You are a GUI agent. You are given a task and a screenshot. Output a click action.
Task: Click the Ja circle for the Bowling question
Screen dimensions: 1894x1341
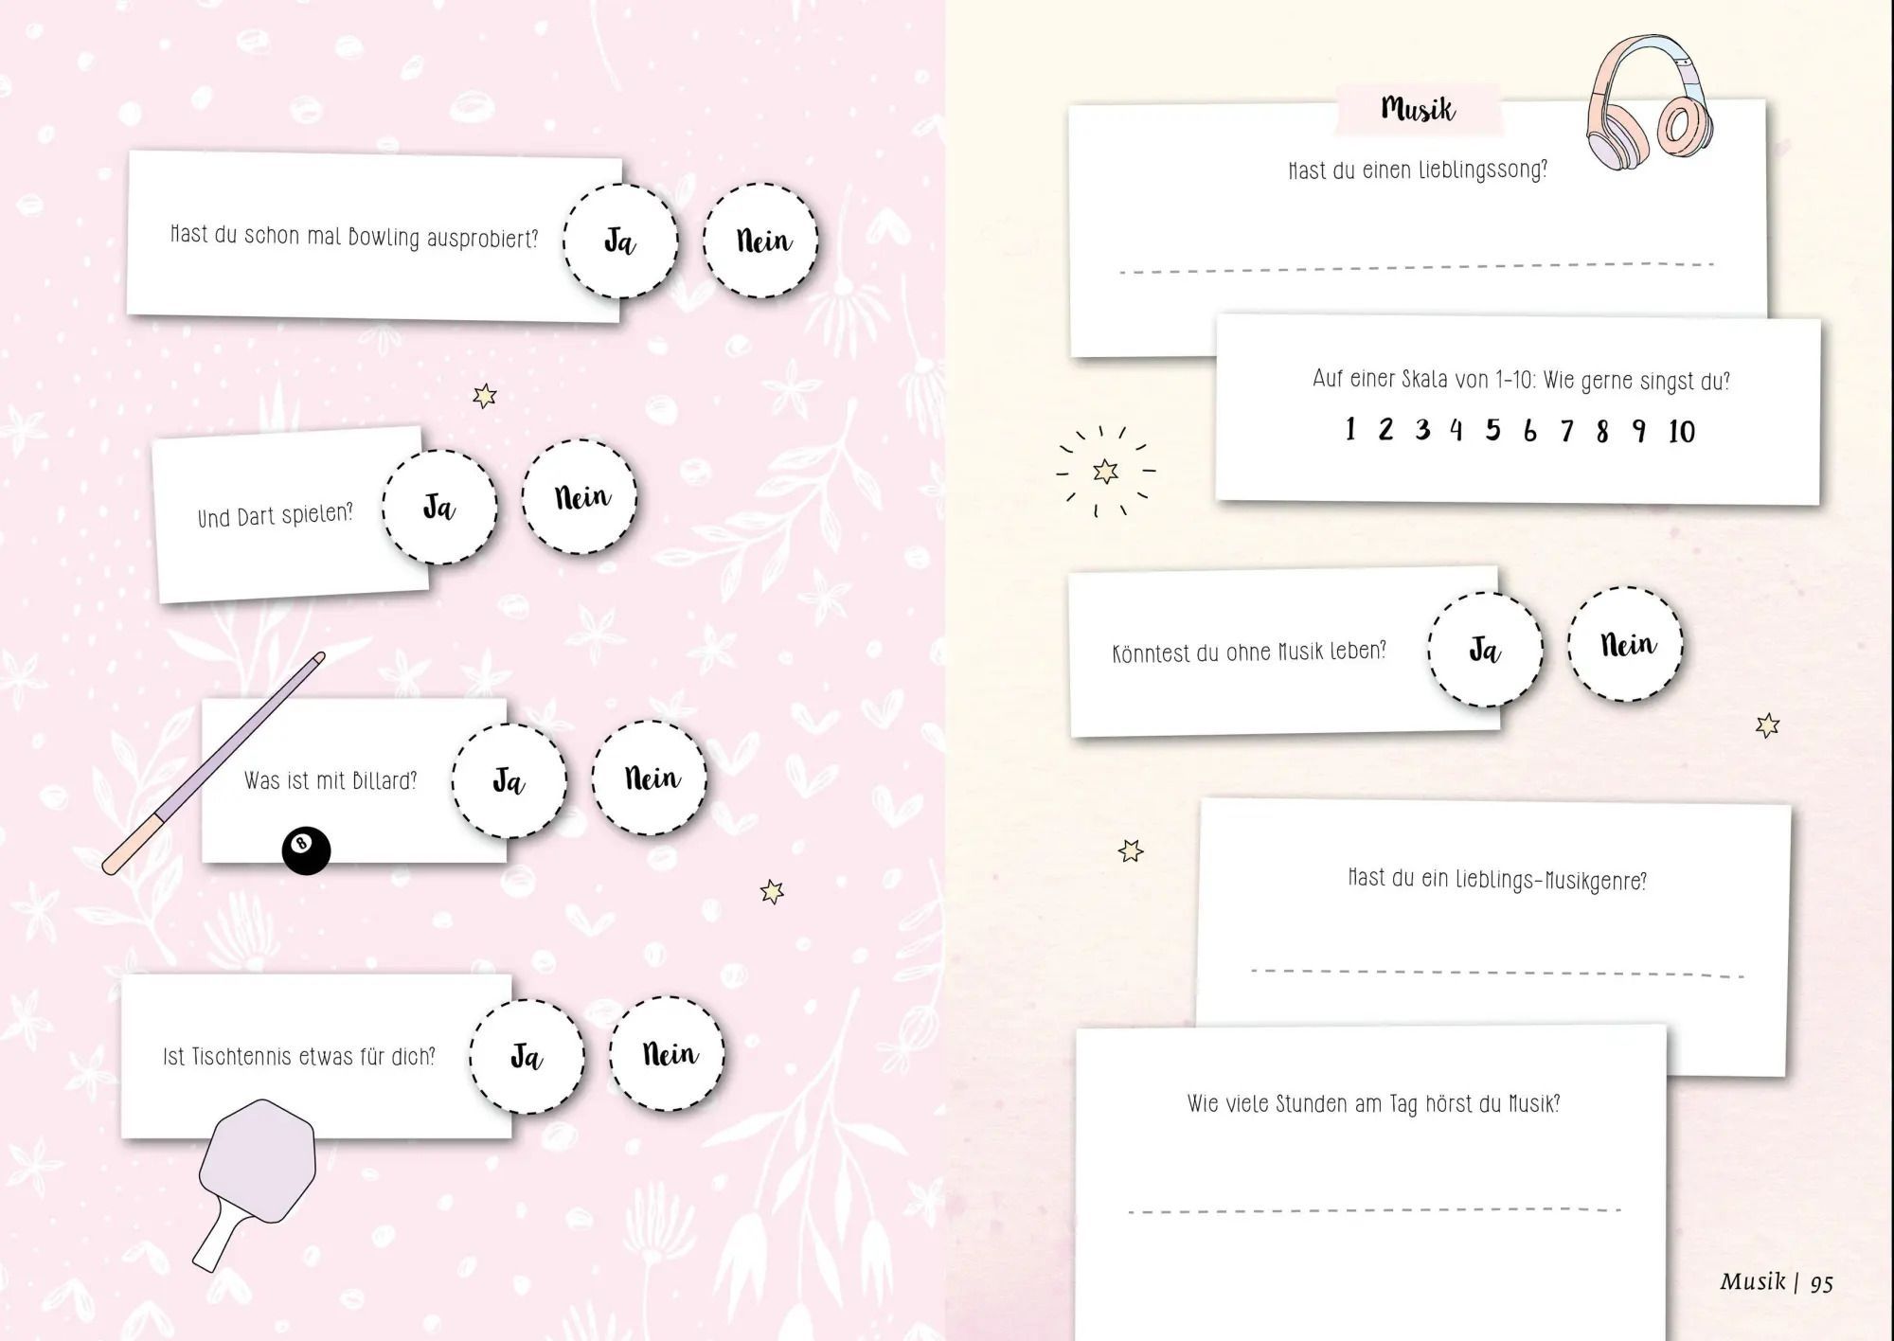620,241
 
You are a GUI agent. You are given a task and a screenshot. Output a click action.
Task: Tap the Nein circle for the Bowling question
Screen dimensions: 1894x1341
760,241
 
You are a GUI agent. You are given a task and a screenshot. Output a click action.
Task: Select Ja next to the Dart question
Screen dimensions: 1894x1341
439,507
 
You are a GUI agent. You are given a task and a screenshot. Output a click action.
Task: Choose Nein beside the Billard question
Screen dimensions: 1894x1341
651,778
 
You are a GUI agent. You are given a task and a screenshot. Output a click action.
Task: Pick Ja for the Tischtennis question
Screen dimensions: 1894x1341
527,1056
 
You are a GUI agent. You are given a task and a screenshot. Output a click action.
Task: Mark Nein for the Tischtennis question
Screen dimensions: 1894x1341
667,1053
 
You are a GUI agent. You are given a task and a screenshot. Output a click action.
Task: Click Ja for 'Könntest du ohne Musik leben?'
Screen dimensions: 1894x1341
1485,650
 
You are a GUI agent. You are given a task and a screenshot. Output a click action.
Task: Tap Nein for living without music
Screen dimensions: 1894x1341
1626,644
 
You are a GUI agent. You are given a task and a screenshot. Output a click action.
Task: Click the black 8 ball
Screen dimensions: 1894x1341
306,849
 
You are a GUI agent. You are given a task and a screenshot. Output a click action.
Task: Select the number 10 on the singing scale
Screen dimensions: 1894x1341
1682,432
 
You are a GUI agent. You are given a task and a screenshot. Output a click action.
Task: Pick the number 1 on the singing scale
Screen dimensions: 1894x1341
1350,429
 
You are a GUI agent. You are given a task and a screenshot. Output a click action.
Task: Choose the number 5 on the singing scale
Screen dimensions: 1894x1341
1493,430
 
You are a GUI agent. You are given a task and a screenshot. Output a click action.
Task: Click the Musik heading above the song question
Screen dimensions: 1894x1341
1418,109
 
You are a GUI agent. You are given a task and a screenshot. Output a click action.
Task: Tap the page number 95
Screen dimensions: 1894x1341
1822,1283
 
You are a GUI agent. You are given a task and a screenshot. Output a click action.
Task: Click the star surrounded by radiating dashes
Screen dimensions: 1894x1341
1105,471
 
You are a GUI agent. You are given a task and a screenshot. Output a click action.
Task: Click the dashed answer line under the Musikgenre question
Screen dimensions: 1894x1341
1497,973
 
